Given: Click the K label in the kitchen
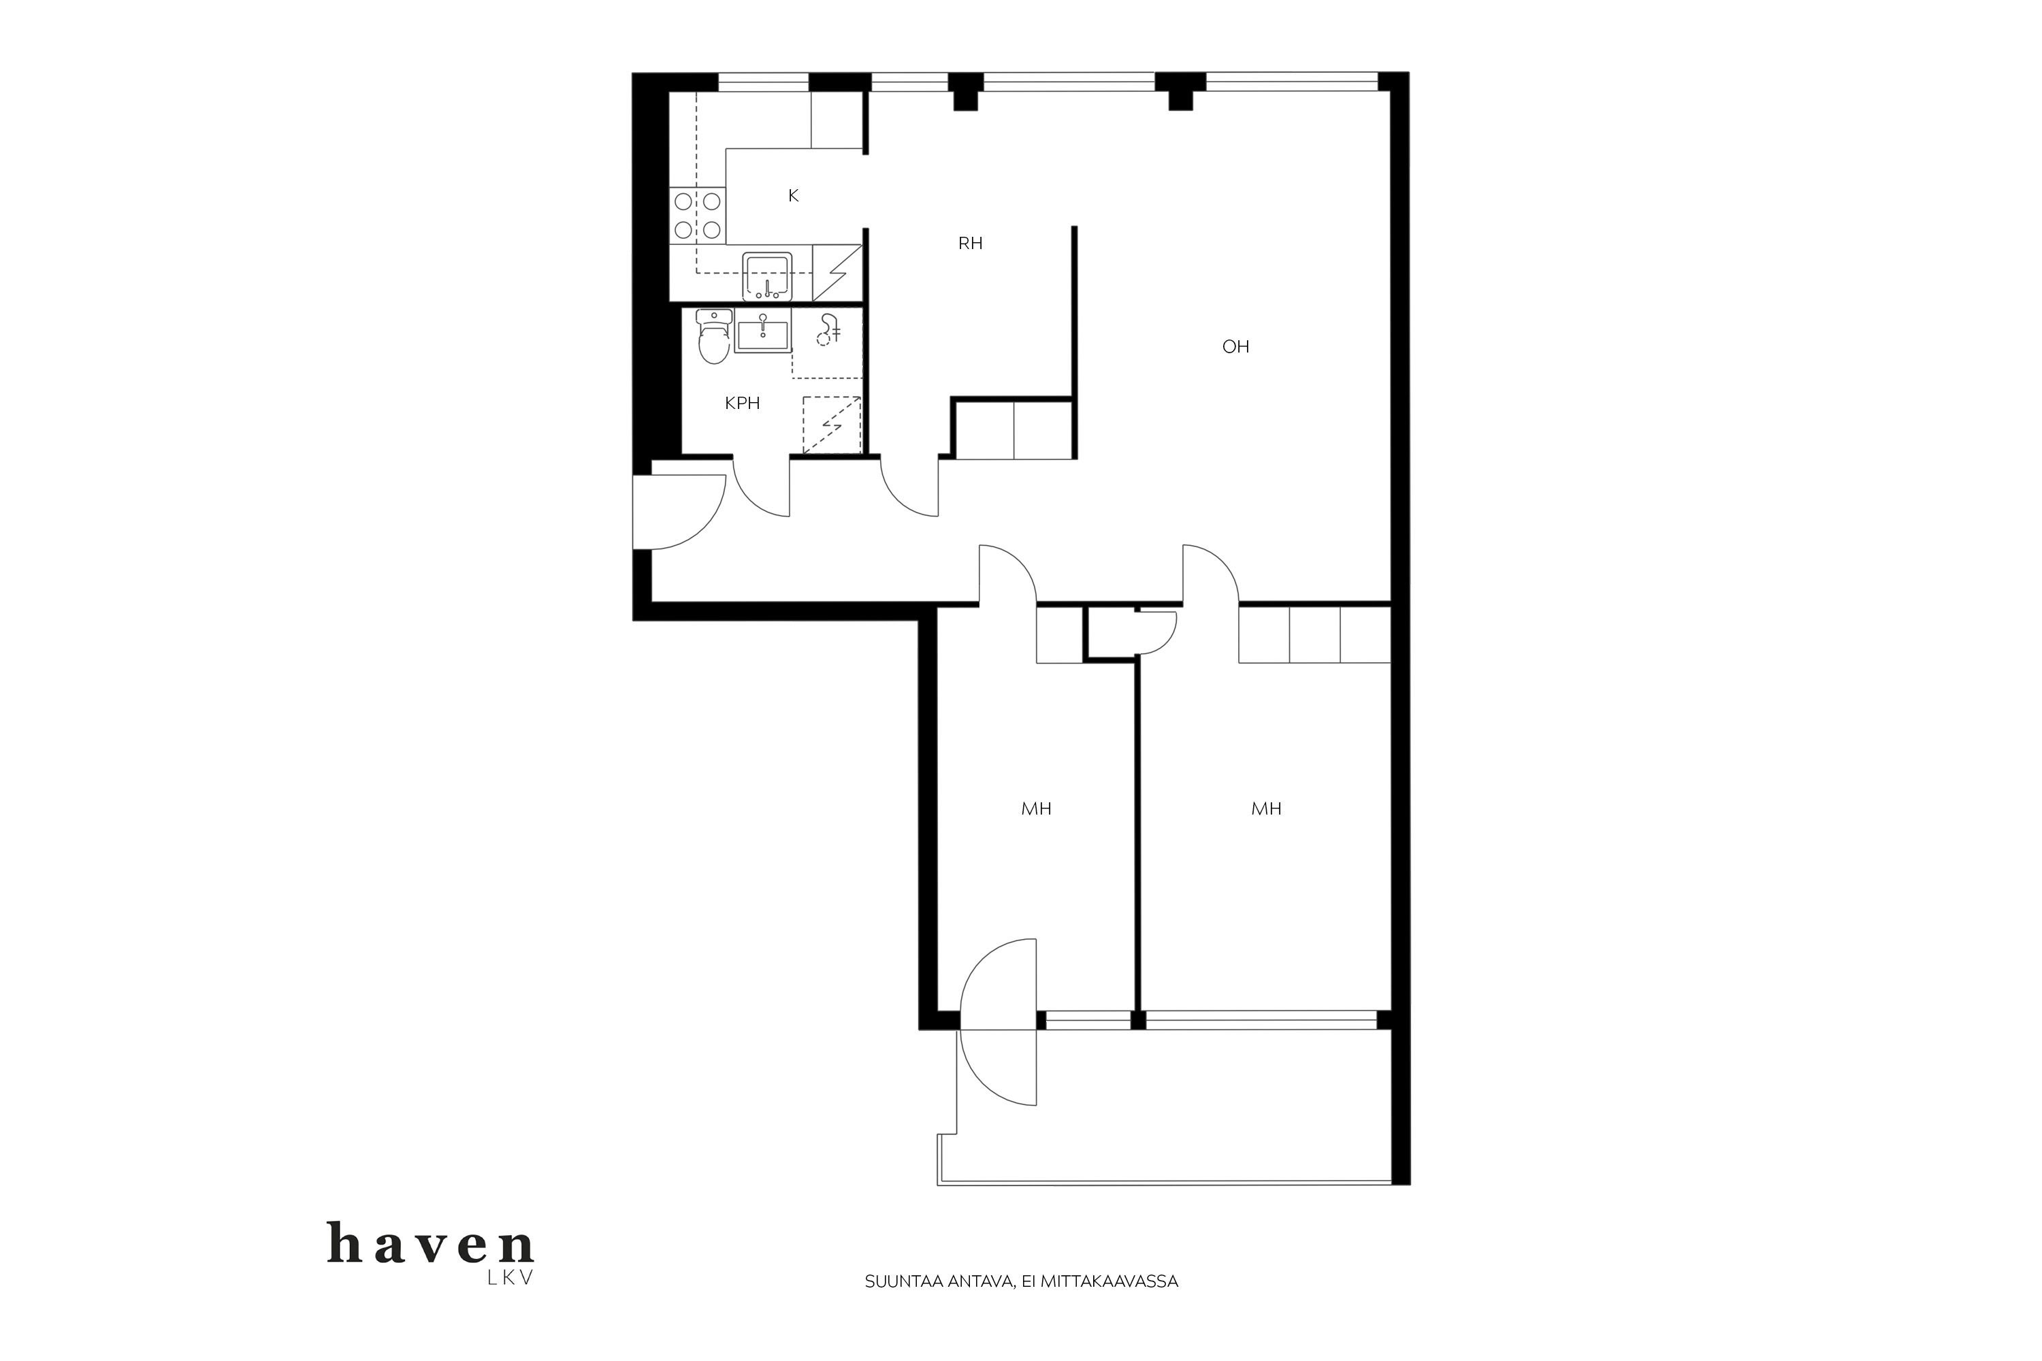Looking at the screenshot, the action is tap(793, 195).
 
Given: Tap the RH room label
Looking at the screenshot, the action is tap(970, 243).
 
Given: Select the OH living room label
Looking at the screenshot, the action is tap(1235, 346).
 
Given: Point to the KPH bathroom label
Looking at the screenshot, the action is tap(743, 403).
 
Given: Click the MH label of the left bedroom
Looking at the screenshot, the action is tap(1036, 809).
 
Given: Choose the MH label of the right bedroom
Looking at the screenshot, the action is tap(1266, 809).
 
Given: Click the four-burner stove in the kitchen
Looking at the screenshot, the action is tap(697, 215).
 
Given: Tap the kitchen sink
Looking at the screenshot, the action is tap(766, 275).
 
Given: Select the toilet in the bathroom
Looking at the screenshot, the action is tap(713, 337).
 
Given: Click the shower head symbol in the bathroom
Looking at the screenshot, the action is tap(828, 330).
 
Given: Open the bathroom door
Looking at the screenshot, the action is tap(756, 499).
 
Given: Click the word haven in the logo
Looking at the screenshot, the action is tap(431, 1243).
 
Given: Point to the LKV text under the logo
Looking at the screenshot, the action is tap(510, 1279).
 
